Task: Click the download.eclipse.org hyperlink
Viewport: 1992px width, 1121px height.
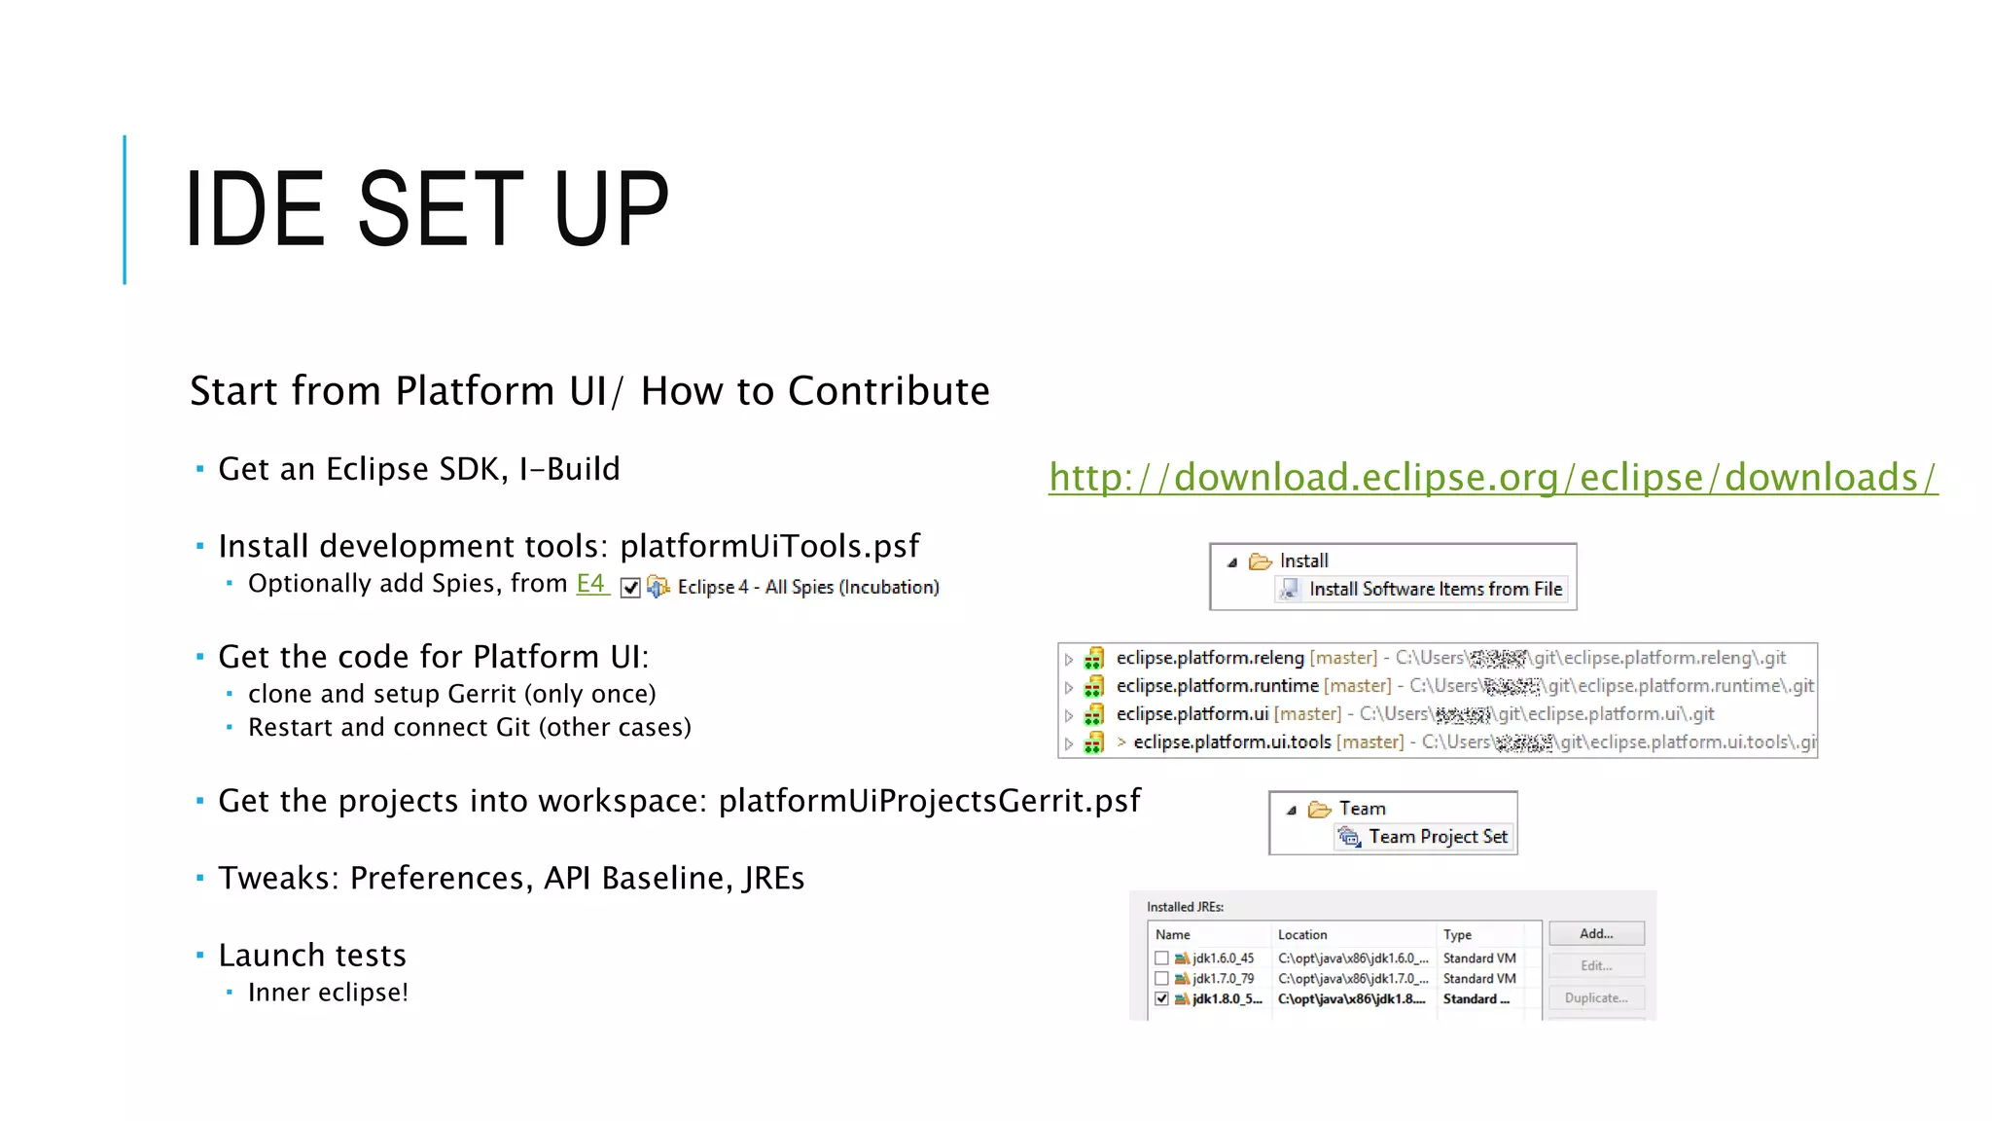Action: point(1492,478)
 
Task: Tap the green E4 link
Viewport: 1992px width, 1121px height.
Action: point(590,583)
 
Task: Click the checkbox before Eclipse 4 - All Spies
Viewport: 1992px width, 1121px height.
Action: point(630,588)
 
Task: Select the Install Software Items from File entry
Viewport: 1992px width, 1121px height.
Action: point(1435,589)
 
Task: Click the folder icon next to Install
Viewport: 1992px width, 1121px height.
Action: point(1261,561)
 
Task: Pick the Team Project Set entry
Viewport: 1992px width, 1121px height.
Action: point(1438,837)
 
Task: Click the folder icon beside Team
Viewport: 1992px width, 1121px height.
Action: point(1319,809)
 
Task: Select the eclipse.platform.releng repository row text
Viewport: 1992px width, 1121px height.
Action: point(1209,658)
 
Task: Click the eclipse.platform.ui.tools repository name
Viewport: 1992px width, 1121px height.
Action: point(1231,742)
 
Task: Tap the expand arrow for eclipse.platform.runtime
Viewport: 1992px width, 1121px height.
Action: point(1069,688)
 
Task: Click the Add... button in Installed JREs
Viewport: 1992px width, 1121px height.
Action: point(1595,934)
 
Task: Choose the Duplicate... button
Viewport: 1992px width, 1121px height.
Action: point(1595,998)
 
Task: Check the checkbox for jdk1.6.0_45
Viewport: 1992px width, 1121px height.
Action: point(1161,958)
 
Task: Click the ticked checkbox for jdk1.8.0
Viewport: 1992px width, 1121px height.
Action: point(1161,999)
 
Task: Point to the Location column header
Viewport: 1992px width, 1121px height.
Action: point(1302,935)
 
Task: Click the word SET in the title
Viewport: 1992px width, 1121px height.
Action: point(441,209)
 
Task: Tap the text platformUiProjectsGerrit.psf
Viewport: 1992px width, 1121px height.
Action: point(929,801)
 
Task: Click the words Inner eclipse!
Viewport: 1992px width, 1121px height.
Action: point(328,993)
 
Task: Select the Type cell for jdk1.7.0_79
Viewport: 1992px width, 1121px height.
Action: point(1478,979)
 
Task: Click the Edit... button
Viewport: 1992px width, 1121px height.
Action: point(1595,966)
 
